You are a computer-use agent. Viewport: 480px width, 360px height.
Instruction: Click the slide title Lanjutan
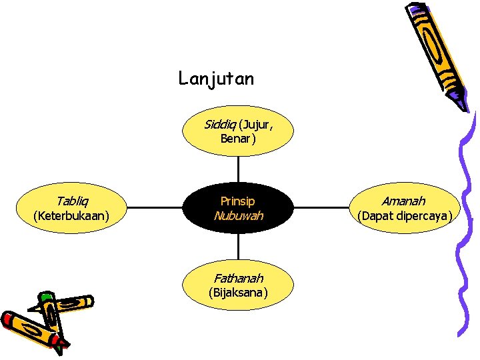pos(216,79)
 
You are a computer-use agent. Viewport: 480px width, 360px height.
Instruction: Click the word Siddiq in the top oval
pos(220,125)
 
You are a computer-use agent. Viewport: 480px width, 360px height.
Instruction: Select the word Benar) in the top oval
pos(238,139)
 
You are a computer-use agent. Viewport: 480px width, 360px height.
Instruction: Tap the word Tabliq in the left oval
pos(72,201)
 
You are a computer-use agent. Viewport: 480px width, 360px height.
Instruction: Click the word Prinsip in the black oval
pos(238,201)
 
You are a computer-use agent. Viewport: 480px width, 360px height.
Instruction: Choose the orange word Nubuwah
pos(238,215)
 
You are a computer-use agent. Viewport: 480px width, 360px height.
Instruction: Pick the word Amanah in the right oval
pos(403,201)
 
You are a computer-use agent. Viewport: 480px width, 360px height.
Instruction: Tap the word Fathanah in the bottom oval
pos(238,278)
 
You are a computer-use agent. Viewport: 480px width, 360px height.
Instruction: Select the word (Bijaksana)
pos(238,293)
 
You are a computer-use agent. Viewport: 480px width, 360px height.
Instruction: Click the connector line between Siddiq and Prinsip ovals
pos(238,169)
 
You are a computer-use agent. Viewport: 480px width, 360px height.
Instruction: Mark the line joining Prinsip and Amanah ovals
pos(321,207)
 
